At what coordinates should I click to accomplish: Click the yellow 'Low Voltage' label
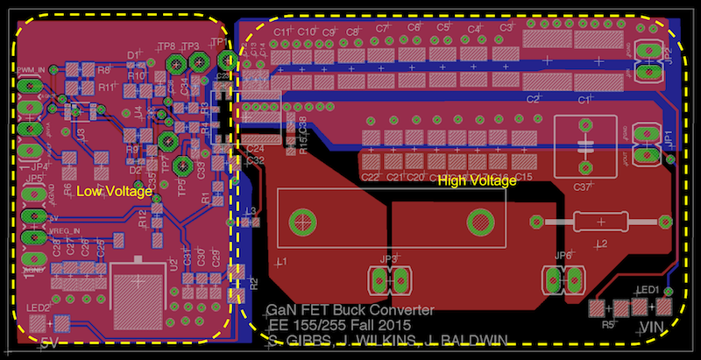coord(115,190)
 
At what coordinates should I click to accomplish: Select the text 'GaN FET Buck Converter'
coord(350,310)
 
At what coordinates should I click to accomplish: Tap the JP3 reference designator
coord(389,260)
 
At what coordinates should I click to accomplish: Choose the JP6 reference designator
coord(563,256)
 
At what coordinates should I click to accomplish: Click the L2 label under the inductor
coord(602,243)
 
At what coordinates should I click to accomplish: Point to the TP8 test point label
coord(166,46)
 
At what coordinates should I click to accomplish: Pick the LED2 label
coord(38,307)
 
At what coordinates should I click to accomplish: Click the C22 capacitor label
coord(370,177)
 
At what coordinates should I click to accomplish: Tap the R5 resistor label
coord(607,324)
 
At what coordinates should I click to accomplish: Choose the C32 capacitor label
coord(256,160)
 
